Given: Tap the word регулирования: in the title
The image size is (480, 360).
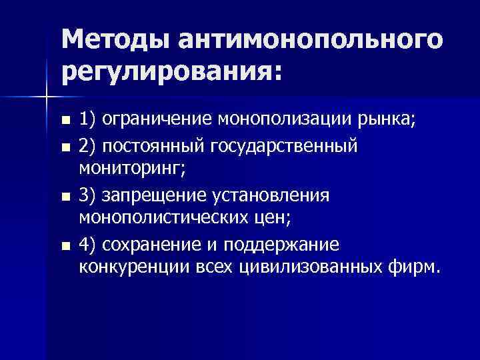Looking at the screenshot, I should pyautogui.click(x=173, y=70).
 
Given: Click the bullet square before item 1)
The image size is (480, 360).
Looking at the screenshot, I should pyautogui.click(x=64, y=121).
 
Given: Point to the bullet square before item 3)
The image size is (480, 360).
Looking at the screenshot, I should pyautogui.click(x=64, y=197).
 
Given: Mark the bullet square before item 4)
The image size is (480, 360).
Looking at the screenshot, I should pyautogui.click(x=64, y=247).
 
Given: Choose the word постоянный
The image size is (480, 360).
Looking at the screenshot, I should pyautogui.click(x=158, y=145).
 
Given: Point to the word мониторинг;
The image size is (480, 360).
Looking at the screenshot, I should pyautogui.click(x=133, y=170).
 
